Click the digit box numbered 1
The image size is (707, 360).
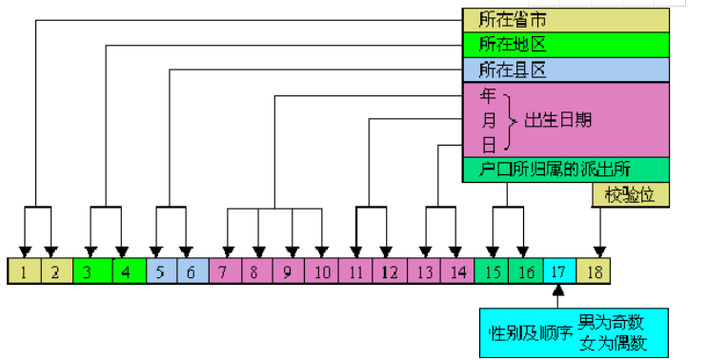(x=22, y=271)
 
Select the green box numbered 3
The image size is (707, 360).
(x=89, y=271)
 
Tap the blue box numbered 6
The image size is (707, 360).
(x=191, y=271)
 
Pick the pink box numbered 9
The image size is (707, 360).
(x=289, y=271)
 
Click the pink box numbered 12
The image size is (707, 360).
(x=389, y=271)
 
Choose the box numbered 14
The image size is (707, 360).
(x=458, y=271)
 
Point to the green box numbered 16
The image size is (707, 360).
(x=525, y=271)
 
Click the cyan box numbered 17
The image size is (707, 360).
(x=559, y=271)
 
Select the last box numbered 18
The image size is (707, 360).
(x=595, y=271)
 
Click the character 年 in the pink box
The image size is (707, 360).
(x=489, y=96)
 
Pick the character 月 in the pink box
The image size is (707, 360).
(x=489, y=121)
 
